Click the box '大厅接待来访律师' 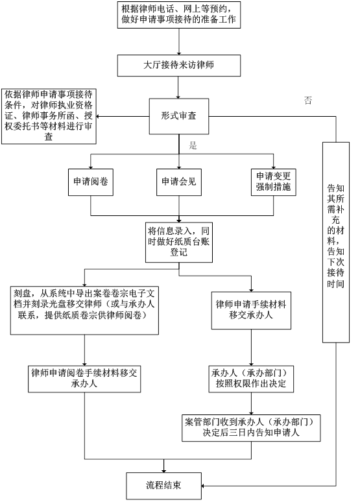[178, 66]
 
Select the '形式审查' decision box [178, 115]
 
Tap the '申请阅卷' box [90, 184]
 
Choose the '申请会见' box [178, 184]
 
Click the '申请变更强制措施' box [273, 184]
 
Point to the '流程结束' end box [163, 484]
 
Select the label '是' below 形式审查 [193, 145]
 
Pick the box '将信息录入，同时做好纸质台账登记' [178, 240]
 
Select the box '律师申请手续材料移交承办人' [252, 310]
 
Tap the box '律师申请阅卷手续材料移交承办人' [85, 378]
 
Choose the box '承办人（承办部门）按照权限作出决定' [252, 378]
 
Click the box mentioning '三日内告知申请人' [252, 425]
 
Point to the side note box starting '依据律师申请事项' [49, 116]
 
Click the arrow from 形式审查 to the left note [123, 116]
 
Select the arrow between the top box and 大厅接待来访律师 [178, 42]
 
